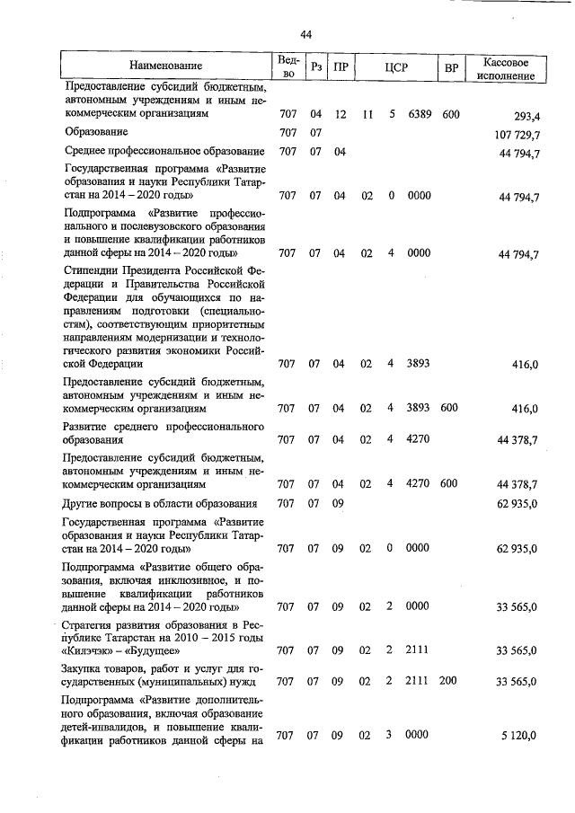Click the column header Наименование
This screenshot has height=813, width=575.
coord(165,66)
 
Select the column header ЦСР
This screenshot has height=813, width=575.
coord(396,66)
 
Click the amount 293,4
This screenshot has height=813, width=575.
coord(526,116)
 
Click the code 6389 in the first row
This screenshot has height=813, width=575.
coord(419,115)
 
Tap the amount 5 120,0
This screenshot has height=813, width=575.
coord(519,736)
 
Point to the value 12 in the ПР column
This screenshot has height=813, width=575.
coord(340,115)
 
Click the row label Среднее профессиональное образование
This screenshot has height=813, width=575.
coord(164,151)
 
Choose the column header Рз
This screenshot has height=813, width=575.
coord(315,66)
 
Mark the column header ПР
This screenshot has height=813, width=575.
coord(341,66)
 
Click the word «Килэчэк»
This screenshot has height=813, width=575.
coord(88,651)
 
